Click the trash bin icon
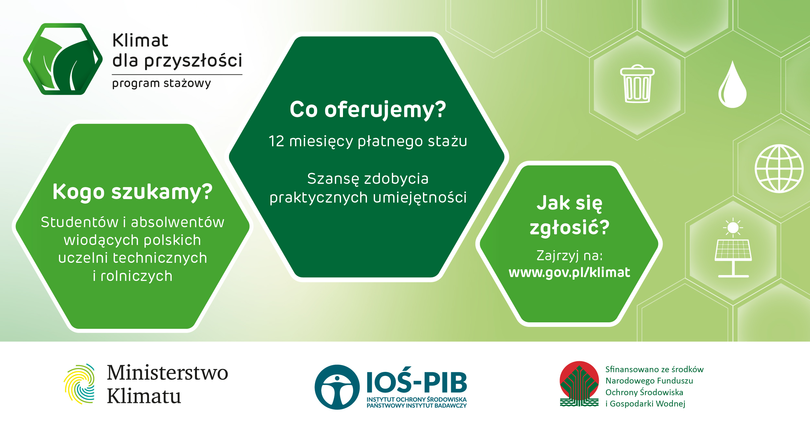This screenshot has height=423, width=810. coord(637,83)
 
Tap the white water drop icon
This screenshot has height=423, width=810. coord(732,84)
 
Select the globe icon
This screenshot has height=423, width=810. coord(779,168)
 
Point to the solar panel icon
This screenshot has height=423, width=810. coord(733,248)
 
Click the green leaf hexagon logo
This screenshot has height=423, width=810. coord(63,59)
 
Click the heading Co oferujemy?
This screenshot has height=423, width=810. coord(368,109)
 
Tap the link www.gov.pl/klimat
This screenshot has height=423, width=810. coord(569,273)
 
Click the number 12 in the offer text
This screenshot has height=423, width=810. coord(276,141)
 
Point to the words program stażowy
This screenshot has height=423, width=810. coord(161,83)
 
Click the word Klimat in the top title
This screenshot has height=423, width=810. coord(140,40)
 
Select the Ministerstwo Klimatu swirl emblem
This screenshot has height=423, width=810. coord(79,384)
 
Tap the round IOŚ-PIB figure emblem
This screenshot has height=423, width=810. coord(337,387)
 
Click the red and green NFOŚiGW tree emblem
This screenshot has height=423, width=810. coord(579,384)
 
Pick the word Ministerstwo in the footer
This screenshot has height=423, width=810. coord(167,373)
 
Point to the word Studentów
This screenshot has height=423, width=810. coord(80,222)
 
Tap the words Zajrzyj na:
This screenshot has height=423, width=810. coord(570,256)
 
